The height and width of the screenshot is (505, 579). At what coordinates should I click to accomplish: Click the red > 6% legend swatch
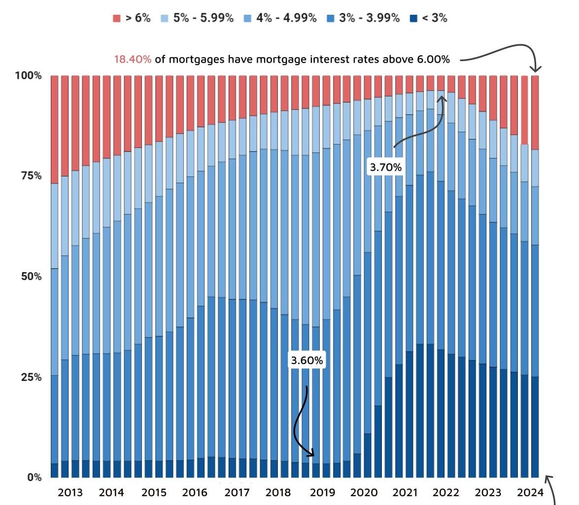pos(117,18)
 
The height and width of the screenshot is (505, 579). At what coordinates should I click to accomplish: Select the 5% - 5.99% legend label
pos(203,18)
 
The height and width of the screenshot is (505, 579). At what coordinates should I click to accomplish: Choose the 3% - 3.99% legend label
pos(370,18)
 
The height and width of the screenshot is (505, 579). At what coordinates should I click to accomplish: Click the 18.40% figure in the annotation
pos(133,60)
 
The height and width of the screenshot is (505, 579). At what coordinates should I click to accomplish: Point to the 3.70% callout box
pos(386,167)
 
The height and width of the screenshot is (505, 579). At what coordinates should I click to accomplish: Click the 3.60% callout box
pos(307,361)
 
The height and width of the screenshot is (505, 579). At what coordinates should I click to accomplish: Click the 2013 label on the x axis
pos(70,492)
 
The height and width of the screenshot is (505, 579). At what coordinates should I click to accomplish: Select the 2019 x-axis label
pos(322,492)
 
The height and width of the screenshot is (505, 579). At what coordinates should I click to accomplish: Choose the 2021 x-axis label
pos(405,492)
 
